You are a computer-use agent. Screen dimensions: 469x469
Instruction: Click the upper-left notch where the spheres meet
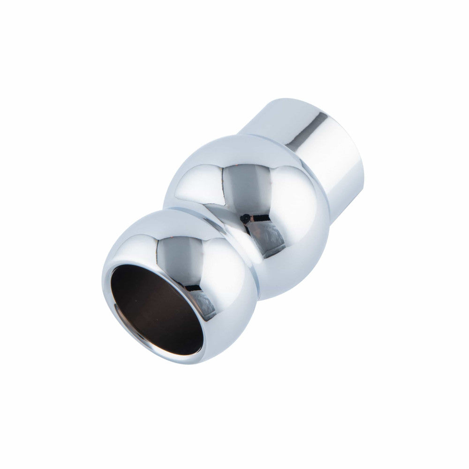[x=166, y=206]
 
